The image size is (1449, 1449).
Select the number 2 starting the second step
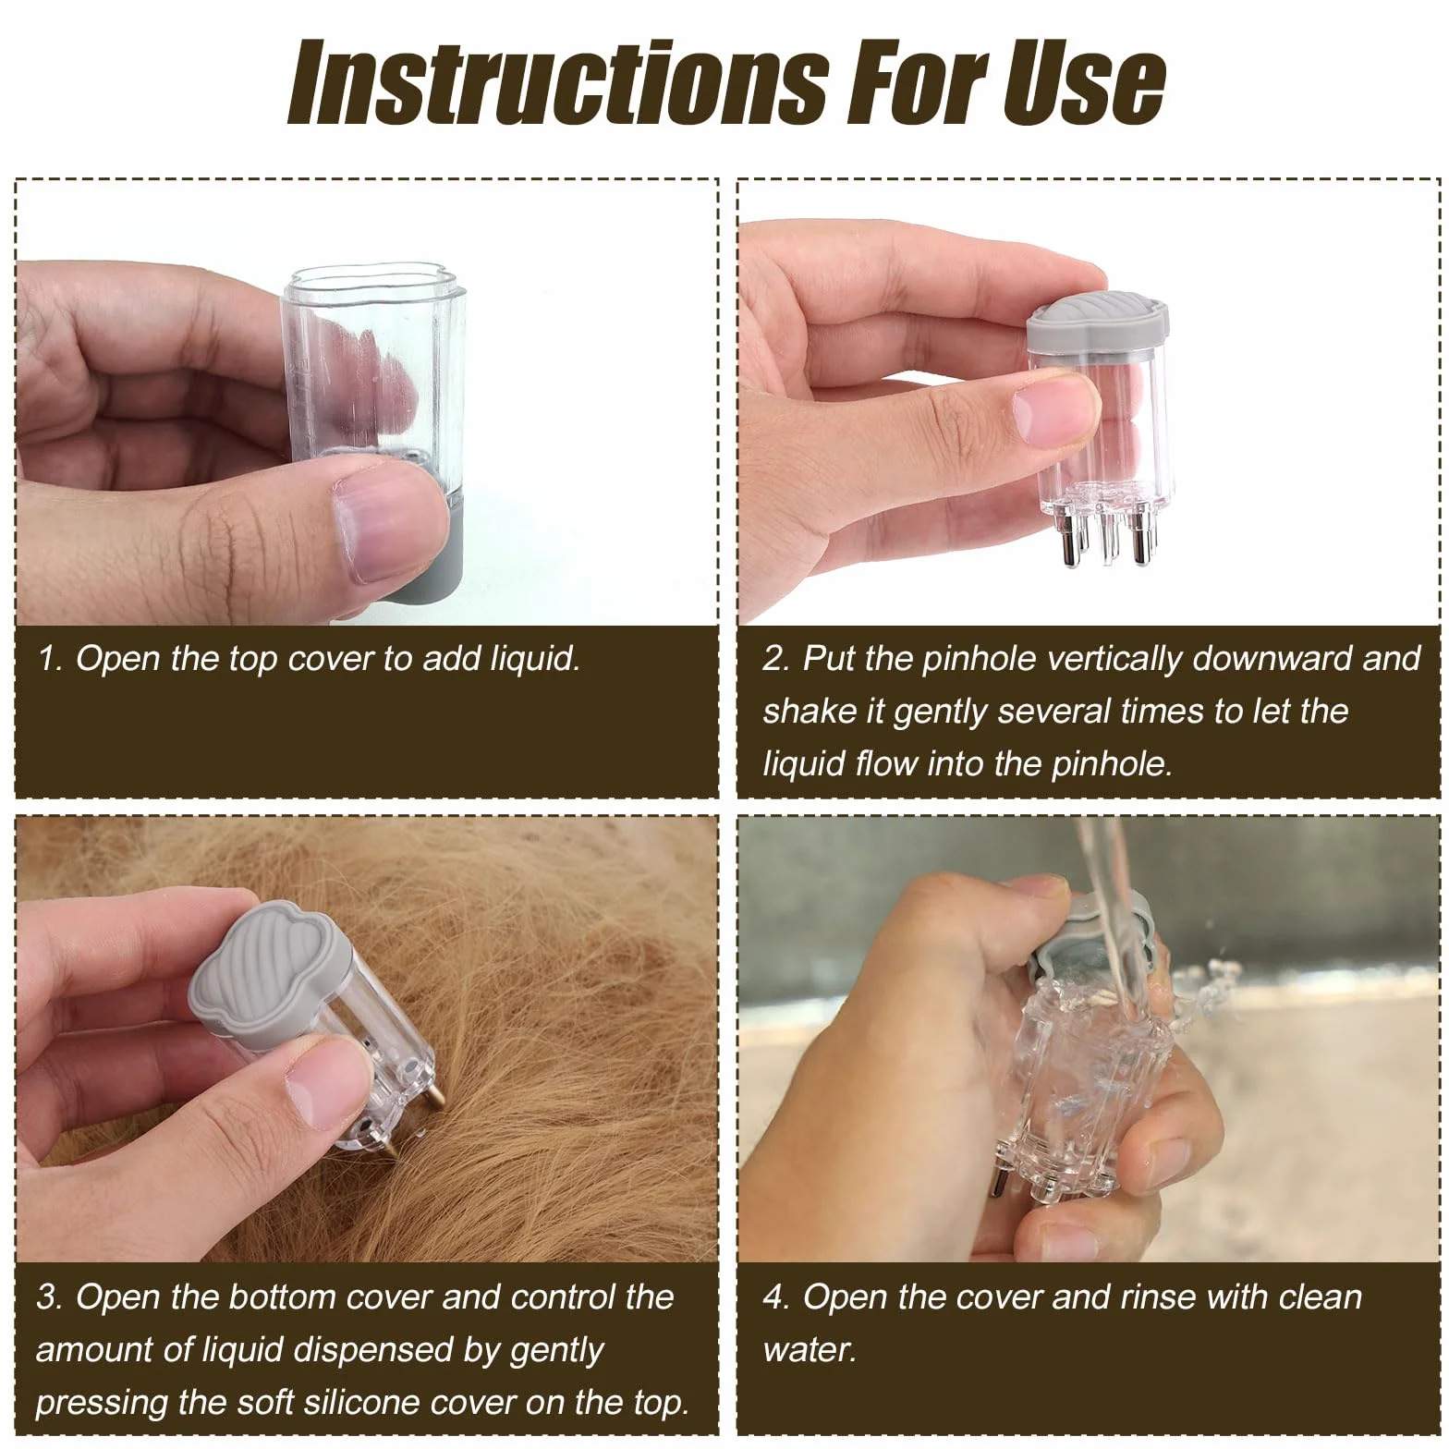point(773,658)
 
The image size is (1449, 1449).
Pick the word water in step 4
point(810,1350)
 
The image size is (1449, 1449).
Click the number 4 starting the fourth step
point(774,1297)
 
